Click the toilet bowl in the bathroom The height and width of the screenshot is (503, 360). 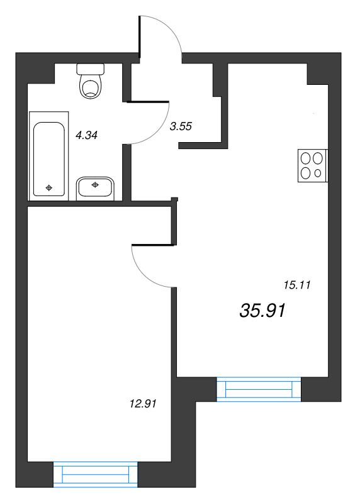click(x=91, y=86)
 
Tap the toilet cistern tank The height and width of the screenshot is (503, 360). click(x=91, y=69)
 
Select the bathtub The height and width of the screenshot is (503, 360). click(x=49, y=156)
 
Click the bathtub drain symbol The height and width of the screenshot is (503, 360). click(x=49, y=187)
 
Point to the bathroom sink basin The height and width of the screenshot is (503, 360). click(x=95, y=188)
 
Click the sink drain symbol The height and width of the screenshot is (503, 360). click(x=95, y=184)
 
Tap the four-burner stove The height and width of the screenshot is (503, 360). click(x=313, y=165)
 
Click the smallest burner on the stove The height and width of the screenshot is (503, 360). click(x=318, y=174)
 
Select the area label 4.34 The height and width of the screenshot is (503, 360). click(x=86, y=135)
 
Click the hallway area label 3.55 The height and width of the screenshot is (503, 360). click(x=181, y=126)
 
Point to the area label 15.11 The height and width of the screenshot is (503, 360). click(x=297, y=285)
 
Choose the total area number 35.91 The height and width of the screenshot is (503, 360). click(x=262, y=311)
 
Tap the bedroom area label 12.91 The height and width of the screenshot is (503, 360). click(x=143, y=403)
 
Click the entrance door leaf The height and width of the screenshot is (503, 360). click(x=140, y=37)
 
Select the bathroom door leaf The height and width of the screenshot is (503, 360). click(x=148, y=102)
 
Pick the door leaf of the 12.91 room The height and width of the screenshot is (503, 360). click(x=154, y=245)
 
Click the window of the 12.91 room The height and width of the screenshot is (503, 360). click(x=96, y=475)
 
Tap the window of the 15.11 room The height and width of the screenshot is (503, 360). click(x=259, y=389)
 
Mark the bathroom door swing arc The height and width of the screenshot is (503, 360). click(x=156, y=131)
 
